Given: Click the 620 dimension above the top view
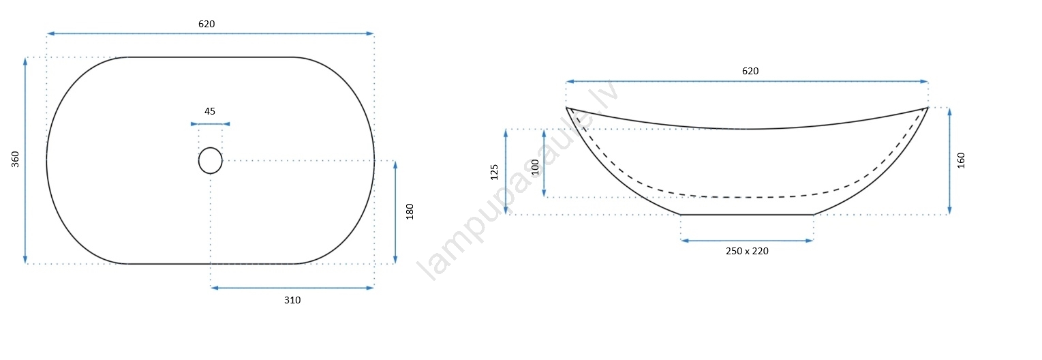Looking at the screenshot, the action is coord(206,24).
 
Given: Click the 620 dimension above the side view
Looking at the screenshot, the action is coord(750,71).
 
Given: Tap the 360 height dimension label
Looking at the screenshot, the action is coord(16,159).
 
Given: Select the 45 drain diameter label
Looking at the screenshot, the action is coord(210,111).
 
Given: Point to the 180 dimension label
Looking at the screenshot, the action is coord(410,211).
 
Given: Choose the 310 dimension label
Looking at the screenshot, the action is coord(292,300).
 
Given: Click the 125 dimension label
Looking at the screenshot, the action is coord(494,172).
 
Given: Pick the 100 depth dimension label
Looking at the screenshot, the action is coord(535,168).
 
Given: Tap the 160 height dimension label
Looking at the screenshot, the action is coord(961,160).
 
